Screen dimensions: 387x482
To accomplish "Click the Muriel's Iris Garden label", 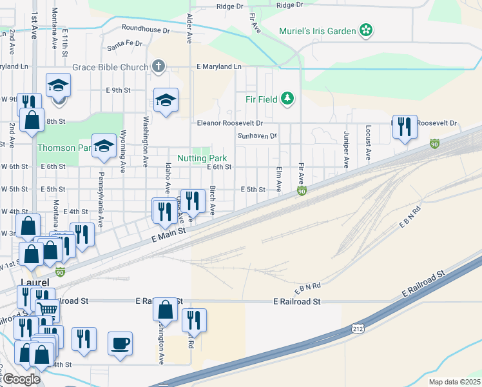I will coord(318,30).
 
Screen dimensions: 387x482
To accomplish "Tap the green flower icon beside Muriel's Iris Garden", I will coord(366,30).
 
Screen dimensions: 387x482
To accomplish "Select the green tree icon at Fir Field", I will coord(287,99).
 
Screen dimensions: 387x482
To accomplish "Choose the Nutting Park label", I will coord(202,158).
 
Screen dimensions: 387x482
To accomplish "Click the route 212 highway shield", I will coord(358,329).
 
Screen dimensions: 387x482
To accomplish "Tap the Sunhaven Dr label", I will coord(256,136).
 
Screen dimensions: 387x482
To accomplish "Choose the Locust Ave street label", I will coord(368,142).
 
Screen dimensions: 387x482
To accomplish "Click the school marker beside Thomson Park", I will coord(103,146).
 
